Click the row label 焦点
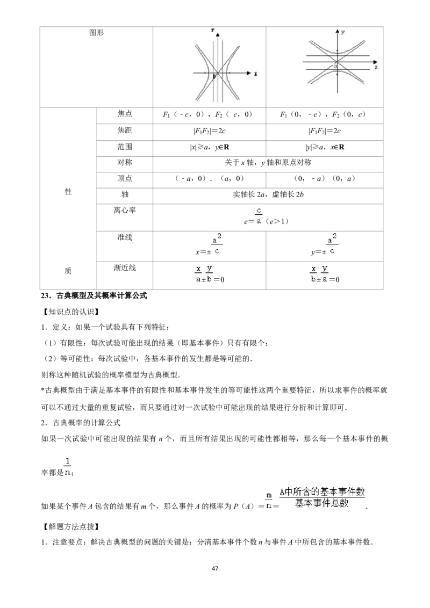coord(125,114)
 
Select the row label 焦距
coord(125,131)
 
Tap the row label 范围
coord(125,147)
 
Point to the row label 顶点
coord(125,178)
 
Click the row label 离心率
coord(125,211)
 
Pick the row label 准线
coord(125,237)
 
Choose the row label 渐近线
coord(125,268)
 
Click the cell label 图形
coord(96,33)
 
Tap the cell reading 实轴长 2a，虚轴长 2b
coord(268,194)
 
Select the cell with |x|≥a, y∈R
coord(210,147)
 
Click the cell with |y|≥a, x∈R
coord(325,147)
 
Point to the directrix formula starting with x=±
coord(209,245)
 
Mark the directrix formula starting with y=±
coord(324,245)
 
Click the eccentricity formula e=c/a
coord(266,216)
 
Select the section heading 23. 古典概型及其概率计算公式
coord(94,296)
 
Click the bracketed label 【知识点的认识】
coord(70,312)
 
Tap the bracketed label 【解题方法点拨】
coord(70,526)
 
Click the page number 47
coord(215,568)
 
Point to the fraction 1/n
coord(68,466)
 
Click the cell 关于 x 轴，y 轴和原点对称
coord(268,162)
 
